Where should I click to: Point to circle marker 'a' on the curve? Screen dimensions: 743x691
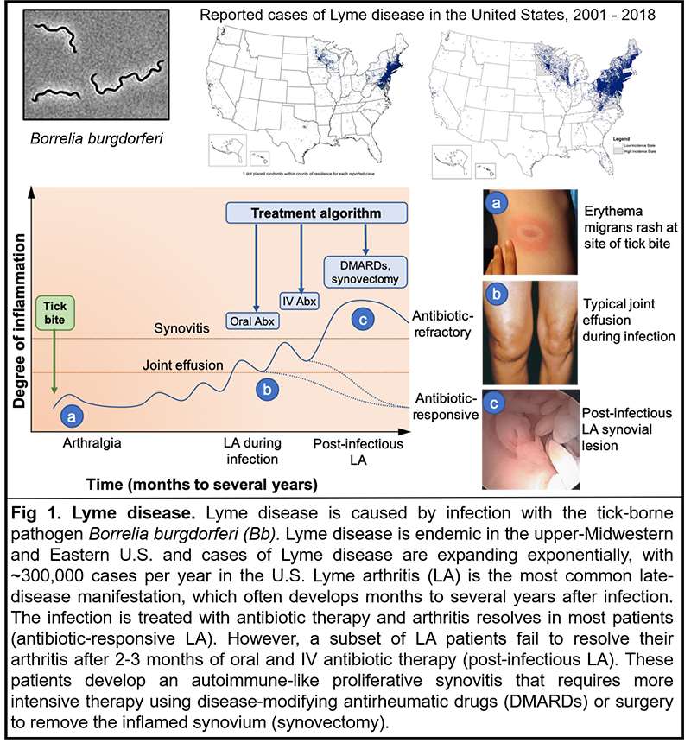tap(72, 416)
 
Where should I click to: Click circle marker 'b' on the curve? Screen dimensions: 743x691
tap(269, 389)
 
